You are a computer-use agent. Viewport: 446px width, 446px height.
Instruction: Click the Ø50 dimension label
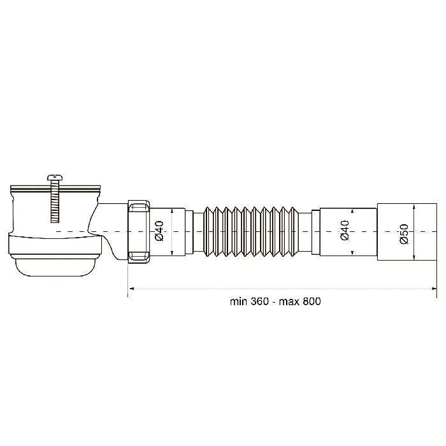404,234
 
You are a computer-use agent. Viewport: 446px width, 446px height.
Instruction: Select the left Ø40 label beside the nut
159,231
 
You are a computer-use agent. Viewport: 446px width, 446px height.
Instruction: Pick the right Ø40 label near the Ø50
345,231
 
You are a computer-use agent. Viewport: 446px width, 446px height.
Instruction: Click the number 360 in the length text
259,301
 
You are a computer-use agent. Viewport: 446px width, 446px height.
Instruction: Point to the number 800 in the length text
312,301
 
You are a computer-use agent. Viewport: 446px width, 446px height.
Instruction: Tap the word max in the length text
289,302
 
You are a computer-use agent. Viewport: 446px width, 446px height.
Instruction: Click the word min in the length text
238,301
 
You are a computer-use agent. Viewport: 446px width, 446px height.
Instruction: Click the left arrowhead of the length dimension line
131,289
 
